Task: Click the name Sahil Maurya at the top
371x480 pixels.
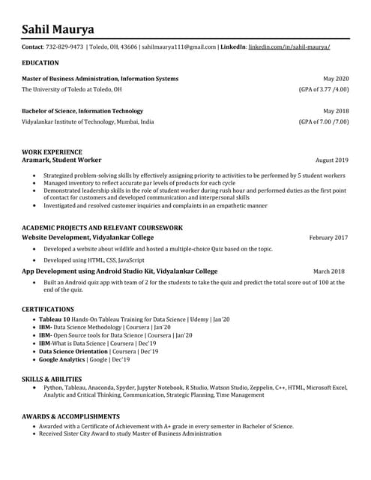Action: (58, 29)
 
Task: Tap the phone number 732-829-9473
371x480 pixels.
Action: (65, 46)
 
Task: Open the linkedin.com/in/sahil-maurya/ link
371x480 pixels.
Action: (289, 46)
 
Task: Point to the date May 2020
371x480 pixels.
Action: (336, 79)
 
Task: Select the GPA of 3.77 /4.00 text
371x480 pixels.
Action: (324, 89)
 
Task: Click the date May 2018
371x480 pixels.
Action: (336, 111)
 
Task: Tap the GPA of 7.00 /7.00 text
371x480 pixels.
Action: (324, 121)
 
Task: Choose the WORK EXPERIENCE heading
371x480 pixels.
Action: (52, 151)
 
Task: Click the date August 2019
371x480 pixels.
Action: (332, 160)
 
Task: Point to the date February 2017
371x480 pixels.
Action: (328, 238)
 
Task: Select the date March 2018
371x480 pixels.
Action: (329, 271)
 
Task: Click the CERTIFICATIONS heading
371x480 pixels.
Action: (48, 309)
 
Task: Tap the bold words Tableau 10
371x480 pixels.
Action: (54, 319)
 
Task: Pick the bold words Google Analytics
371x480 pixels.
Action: (62, 360)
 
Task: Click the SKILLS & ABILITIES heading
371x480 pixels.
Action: (52, 379)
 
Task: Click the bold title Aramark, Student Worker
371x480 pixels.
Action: (61, 160)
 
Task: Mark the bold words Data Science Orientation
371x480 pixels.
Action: (73, 352)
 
